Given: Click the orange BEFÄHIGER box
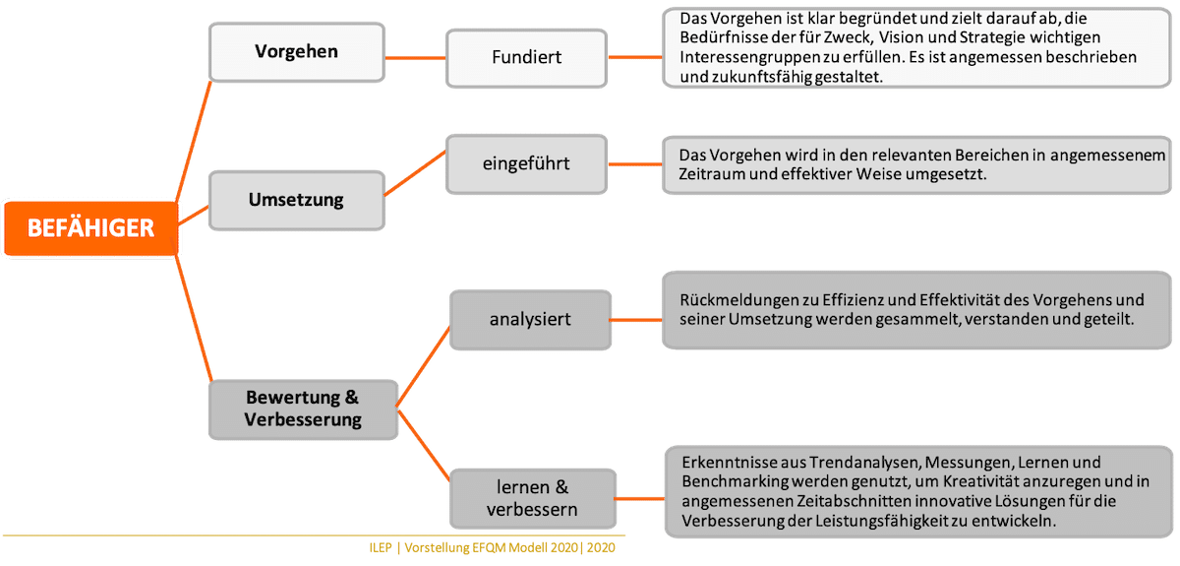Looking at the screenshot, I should click(90, 227).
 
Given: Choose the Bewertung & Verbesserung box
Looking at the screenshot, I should click(302, 409).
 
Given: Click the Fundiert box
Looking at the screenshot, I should click(526, 56).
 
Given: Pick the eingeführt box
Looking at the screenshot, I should click(526, 162).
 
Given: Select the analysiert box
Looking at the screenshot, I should click(530, 320).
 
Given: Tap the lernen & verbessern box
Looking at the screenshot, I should click(532, 499).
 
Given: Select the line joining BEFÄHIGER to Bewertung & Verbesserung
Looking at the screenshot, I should click(194, 314).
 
